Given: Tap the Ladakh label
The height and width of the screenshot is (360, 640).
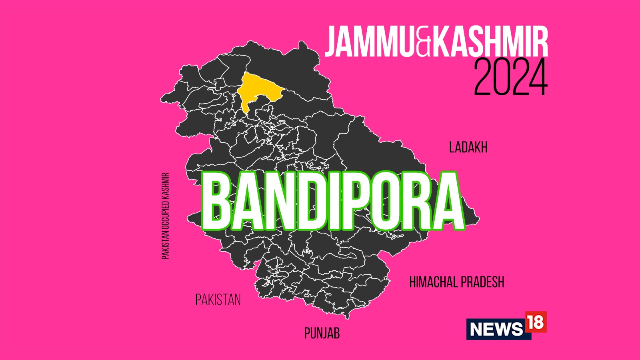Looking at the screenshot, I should [468, 148].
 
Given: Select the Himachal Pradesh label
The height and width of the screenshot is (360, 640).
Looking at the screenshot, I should [456, 282].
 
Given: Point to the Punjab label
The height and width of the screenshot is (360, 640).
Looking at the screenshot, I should [322, 333].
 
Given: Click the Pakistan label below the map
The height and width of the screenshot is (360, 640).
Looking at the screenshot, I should [218, 300].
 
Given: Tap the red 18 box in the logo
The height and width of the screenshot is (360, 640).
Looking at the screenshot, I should [535, 322].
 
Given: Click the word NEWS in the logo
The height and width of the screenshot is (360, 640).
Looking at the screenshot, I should [496, 329].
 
